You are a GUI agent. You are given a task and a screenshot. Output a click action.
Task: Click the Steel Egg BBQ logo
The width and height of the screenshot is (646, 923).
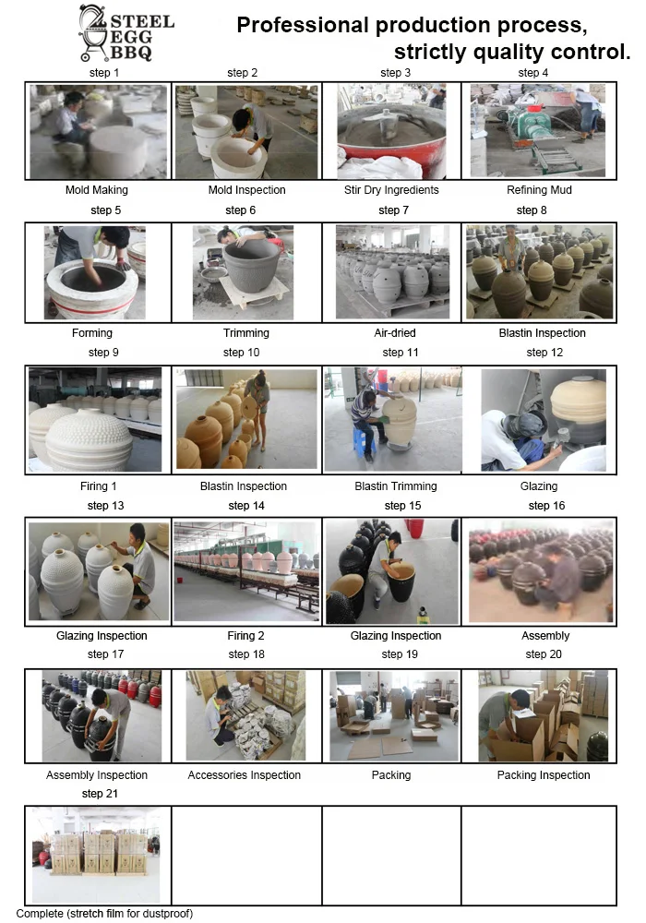click(x=126, y=33)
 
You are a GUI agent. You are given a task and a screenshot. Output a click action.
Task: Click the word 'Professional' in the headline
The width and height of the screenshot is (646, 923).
click(x=303, y=25)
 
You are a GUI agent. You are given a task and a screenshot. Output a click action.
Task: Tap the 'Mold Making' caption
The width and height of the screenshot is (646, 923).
click(x=97, y=190)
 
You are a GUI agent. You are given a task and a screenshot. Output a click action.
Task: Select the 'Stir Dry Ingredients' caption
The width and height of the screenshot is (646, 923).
click(x=391, y=190)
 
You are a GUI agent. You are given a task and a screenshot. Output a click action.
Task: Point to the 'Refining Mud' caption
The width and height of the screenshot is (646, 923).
click(x=539, y=190)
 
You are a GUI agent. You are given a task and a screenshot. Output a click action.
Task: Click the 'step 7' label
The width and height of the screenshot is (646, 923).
click(x=394, y=210)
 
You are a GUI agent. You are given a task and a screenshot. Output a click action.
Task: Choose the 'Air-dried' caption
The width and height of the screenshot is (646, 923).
click(x=395, y=333)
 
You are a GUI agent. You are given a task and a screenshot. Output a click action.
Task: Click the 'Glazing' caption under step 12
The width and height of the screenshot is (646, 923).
click(x=539, y=486)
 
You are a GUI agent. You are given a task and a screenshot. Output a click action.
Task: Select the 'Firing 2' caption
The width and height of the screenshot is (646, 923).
click(x=245, y=636)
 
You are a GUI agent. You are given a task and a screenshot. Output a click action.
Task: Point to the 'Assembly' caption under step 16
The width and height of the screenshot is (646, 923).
click(x=545, y=636)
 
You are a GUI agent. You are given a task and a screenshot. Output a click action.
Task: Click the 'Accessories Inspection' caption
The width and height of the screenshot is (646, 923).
click(x=245, y=775)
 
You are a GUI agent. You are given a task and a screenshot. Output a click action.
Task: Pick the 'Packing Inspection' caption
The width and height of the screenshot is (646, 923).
click(x=544, y=775)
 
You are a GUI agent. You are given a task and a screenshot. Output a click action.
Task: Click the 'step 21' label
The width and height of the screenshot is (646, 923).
click(x=100, y=794)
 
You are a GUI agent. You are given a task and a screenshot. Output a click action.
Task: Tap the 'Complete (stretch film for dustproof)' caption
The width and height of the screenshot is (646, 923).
click(x=104, y=914)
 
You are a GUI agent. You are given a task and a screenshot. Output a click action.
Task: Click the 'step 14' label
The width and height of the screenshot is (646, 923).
click(x=246, y=506)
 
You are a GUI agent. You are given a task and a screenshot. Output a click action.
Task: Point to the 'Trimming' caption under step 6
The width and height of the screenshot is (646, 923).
click(x=245, y=333)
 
